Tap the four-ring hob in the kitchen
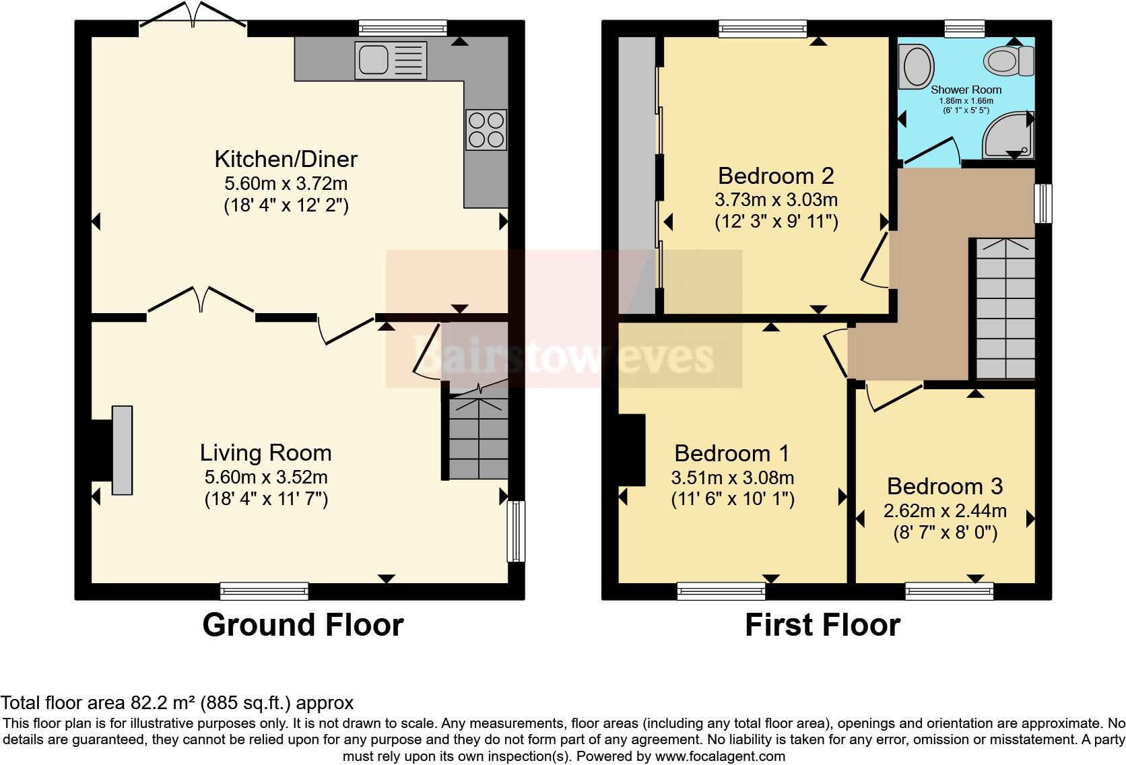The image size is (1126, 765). tap(486, 129)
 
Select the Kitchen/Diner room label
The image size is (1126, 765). tap(286, 159)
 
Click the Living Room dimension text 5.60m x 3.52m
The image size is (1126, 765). tap(266, 477)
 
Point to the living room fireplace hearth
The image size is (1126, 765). tap(122, 450)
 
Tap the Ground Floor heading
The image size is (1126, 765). tap(302, 625)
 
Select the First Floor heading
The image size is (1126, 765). tap(822, 625)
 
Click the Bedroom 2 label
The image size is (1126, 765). tap(776, 176)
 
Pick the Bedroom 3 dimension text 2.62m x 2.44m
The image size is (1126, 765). tap(945, 510)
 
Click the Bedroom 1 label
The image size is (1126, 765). tap(732, 453)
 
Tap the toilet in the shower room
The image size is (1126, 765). tap(1009, 61)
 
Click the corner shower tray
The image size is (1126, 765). tap(1008, 137)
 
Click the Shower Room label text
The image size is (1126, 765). tap(966, 90)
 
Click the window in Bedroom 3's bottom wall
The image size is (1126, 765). tap(949, 592)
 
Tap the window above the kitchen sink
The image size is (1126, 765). tap(403, 28)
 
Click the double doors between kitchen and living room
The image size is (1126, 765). tap(201, 300)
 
